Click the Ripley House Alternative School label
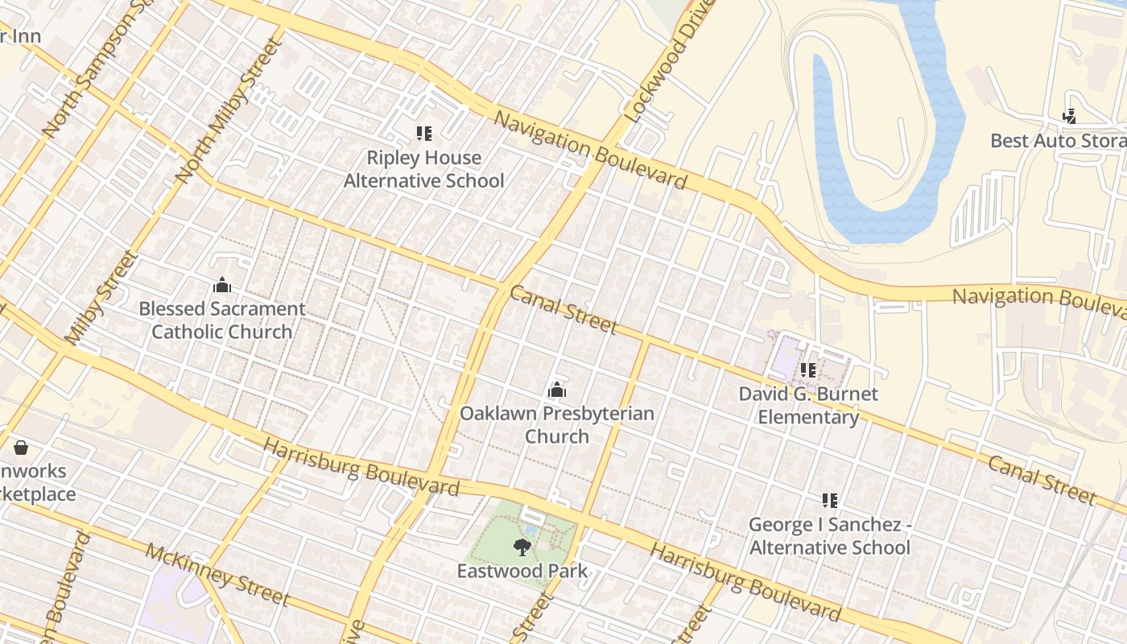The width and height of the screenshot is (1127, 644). point(423,169)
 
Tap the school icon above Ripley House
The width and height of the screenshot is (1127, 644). point(423,134)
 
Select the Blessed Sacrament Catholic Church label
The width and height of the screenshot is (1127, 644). point(222,320)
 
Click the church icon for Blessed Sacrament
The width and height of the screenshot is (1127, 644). point(222,285)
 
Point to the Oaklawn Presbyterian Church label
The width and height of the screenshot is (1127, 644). point(556,425)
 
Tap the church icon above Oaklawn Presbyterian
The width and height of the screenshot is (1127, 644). point(556,390)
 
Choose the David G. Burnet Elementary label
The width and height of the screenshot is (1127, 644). point(808,406)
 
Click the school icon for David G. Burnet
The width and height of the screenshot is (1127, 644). point(808,370)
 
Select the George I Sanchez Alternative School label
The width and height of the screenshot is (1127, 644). point(829,536)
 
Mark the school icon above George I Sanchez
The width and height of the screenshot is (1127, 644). point(830,501)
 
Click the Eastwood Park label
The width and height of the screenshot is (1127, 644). point(522,572)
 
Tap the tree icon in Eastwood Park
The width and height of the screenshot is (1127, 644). point(522,547)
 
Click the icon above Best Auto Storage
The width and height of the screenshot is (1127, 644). point(1069,117)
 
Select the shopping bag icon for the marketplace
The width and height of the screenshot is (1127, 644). point(21,447)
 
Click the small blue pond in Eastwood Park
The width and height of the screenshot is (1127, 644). point(530,529)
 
